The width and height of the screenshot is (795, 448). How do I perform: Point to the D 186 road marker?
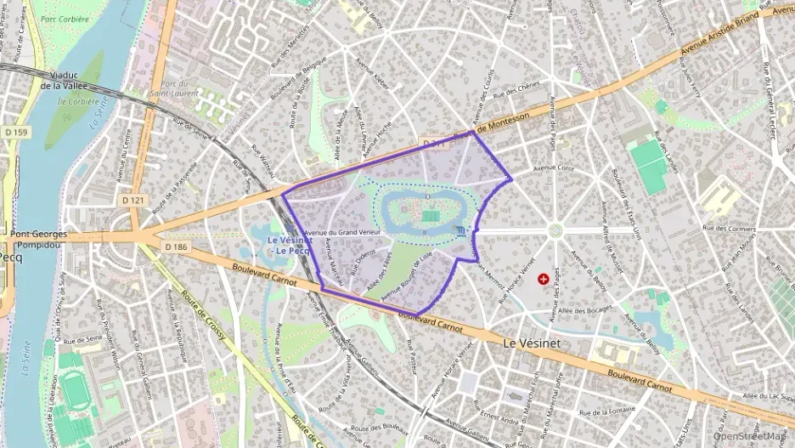[175, 247]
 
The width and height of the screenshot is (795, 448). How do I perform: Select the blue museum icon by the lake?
[460, 231]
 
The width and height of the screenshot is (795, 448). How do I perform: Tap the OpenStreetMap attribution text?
[750, 436]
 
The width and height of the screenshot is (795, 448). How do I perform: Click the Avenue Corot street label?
[553, 168]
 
